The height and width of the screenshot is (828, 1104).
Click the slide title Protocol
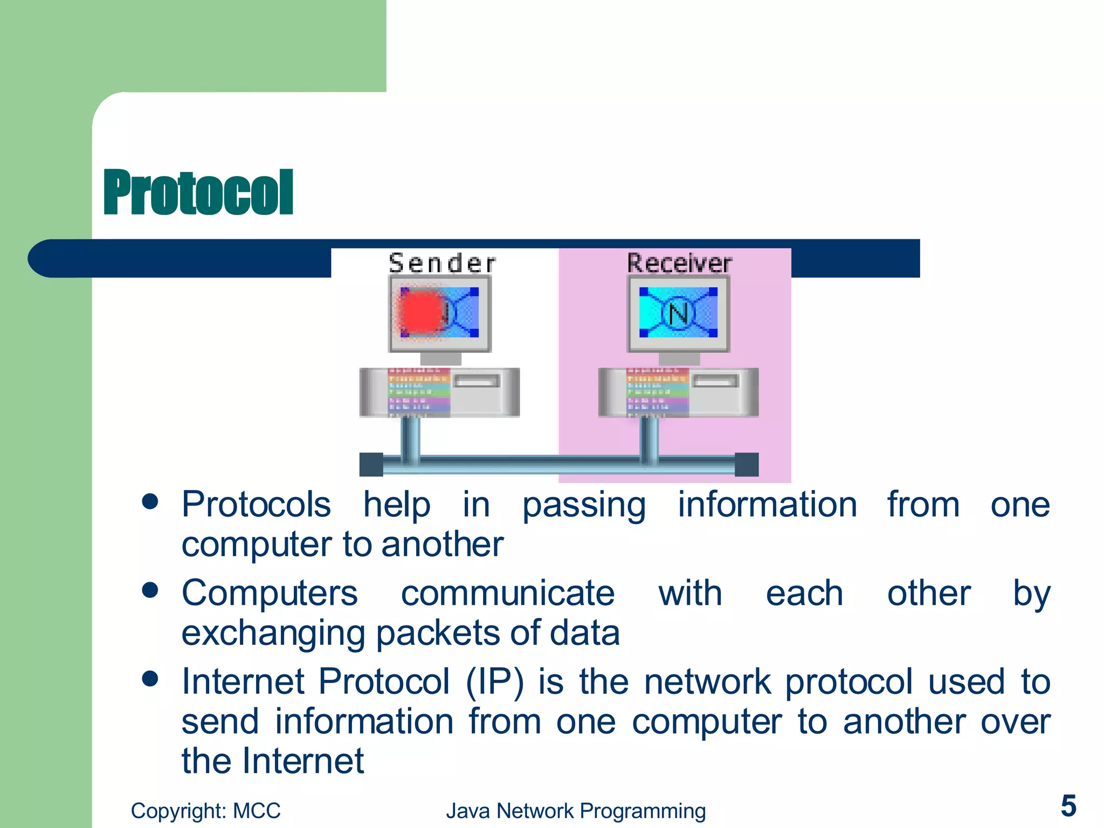198,192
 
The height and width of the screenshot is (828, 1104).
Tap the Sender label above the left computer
441,264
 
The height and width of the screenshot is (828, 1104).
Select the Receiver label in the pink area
679,263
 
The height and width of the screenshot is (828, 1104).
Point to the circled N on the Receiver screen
678,313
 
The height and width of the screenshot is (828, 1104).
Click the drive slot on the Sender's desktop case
477,382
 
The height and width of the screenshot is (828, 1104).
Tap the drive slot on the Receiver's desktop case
715,382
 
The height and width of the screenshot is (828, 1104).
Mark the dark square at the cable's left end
371,465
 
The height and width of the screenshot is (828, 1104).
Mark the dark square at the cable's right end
747,465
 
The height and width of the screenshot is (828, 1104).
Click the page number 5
1068,806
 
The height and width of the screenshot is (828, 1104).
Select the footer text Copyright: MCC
205,811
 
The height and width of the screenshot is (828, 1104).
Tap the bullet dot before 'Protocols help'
150,502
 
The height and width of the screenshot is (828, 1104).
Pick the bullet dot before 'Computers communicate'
150,590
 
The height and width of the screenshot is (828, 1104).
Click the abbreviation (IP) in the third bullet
494,682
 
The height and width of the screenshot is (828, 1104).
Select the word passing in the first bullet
584,506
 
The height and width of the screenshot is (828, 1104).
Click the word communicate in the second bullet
507,594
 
